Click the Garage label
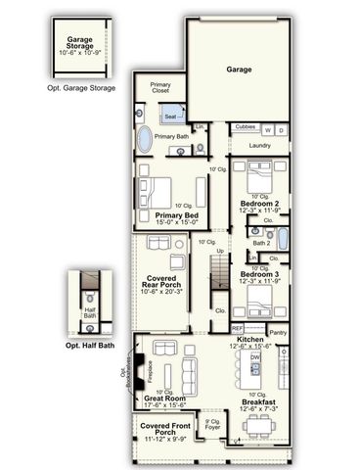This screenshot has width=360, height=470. click(240, 70)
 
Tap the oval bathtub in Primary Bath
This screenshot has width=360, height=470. click(145, 140)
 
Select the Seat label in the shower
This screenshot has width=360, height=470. click(170, 117)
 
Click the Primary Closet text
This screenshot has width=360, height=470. click(160, 88)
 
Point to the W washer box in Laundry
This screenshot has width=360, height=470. click(268, 129)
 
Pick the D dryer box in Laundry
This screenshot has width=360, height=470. click(281, 129)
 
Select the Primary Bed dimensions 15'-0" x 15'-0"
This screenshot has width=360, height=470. click(177, 221)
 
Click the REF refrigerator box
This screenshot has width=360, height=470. click(237, 328)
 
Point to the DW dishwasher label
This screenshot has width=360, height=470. click(254, 358)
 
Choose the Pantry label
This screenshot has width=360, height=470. click(277, 332)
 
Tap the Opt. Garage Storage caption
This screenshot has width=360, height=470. click(81, 88)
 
